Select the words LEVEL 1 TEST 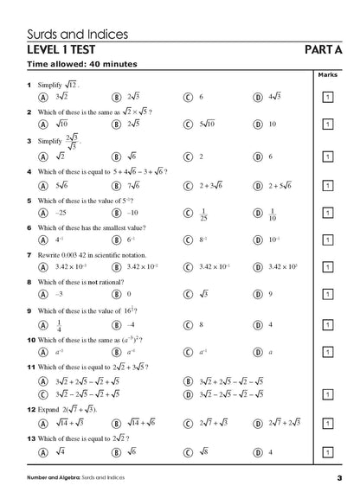click(66, 51)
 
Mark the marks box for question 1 click(327, 99)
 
